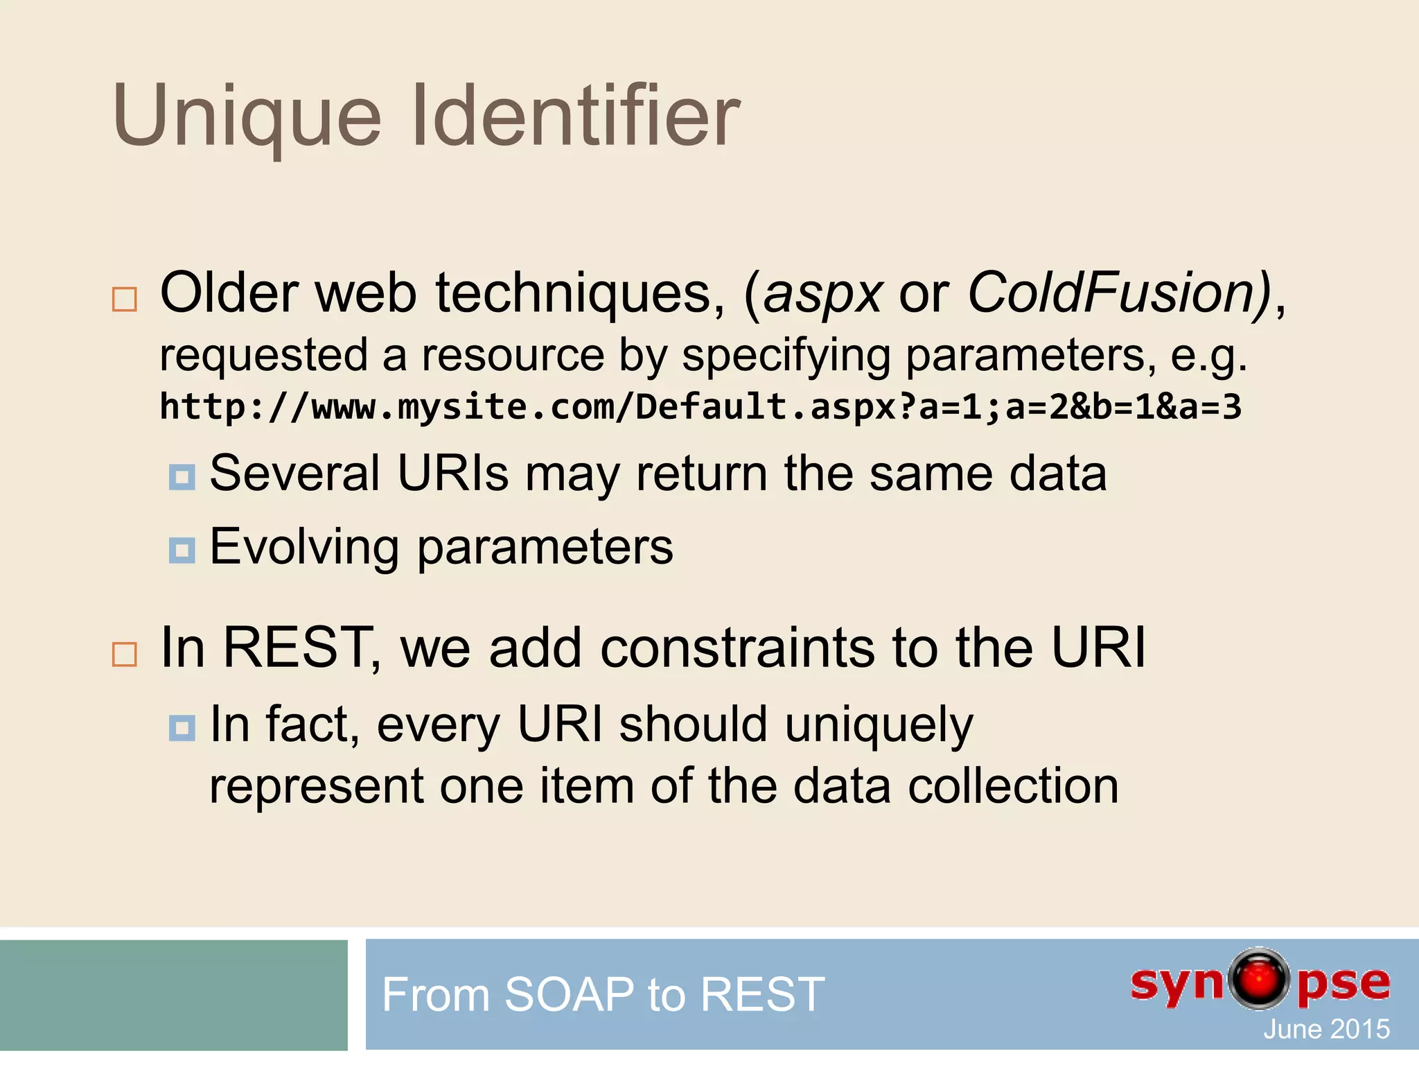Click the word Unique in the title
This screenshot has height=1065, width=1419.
tap(247, 116)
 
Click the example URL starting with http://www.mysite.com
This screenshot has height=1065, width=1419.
tap(700, 407)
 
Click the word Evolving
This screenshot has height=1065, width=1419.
tap(304, 548)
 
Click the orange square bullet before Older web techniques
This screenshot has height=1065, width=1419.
tap(125, 300)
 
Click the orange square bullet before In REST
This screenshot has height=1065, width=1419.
tap(125, 654)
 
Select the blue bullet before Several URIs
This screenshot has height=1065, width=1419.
tap(182, 477)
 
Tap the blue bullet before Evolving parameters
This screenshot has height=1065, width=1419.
tap(182, 551)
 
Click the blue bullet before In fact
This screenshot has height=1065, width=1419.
tap(182, 728)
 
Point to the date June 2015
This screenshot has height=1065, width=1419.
tap(1325, 1029)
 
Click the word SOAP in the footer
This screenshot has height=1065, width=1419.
tap(568, 994)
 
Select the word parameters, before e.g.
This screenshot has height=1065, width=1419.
tap(1031, 356)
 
